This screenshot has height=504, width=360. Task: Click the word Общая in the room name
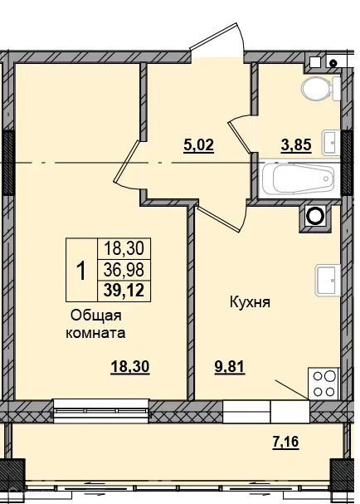[x=96, y=316]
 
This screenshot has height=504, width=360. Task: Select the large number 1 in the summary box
[x=80, y=270]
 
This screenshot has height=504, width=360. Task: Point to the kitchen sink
[x=326, y=281]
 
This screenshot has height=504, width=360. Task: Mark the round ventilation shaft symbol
[x=316, y=216]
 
